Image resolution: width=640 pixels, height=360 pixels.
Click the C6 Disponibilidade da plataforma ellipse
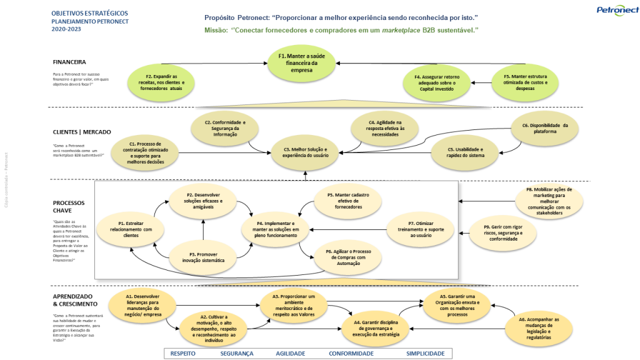tap(544, 129)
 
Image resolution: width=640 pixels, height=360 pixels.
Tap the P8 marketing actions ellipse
tap(549, 201)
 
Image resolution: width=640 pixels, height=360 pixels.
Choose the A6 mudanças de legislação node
tap(539, 329)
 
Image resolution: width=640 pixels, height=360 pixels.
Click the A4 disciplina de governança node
tap(376, 326)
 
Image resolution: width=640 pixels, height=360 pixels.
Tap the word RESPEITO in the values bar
tap(182, 353)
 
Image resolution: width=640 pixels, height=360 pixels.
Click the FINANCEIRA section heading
tap(69, 62)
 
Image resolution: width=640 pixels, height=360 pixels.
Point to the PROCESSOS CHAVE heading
tap(69, 207)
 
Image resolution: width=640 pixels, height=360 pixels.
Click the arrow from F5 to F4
tap(480, 82)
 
